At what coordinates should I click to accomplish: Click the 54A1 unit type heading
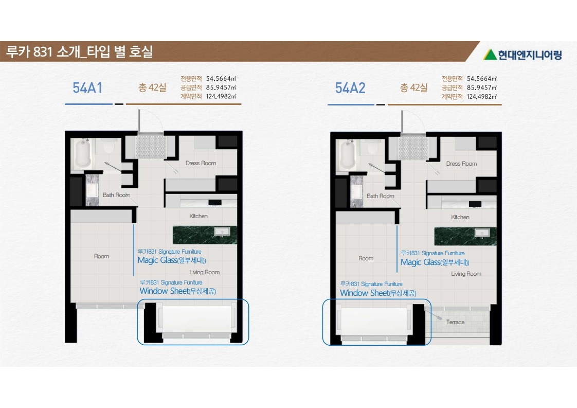pos(87,88)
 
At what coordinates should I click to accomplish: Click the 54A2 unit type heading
pos(350,88)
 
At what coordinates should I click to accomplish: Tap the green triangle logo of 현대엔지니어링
pos(490,55)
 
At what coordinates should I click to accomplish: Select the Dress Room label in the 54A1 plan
pos(201,163)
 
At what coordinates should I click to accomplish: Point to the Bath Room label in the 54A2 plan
pos(380,196)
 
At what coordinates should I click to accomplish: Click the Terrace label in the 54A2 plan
pos(455,322)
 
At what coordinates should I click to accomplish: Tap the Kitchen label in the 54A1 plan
pos(199,216)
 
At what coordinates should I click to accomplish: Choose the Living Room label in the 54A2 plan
pos(466,274)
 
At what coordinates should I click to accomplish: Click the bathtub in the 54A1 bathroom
pos(83,153)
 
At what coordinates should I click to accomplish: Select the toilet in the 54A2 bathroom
pos(373,148)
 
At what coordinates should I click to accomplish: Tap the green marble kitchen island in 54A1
pos(205,235)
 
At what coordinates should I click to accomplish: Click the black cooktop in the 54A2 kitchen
pos(475,204)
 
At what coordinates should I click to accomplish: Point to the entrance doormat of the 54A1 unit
pos(151,147)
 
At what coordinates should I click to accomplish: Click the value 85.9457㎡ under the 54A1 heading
pos(221,87)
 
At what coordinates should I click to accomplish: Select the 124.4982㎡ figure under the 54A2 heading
pos(482,97)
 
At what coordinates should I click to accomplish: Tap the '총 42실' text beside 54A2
pos(414,87)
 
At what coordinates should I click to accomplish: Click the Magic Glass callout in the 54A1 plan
pos(172,260)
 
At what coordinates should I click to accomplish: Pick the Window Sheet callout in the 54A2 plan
pos(378,293)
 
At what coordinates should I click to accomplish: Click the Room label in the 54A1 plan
pos(101,256)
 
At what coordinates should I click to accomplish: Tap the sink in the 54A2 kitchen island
pos(482,233)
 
